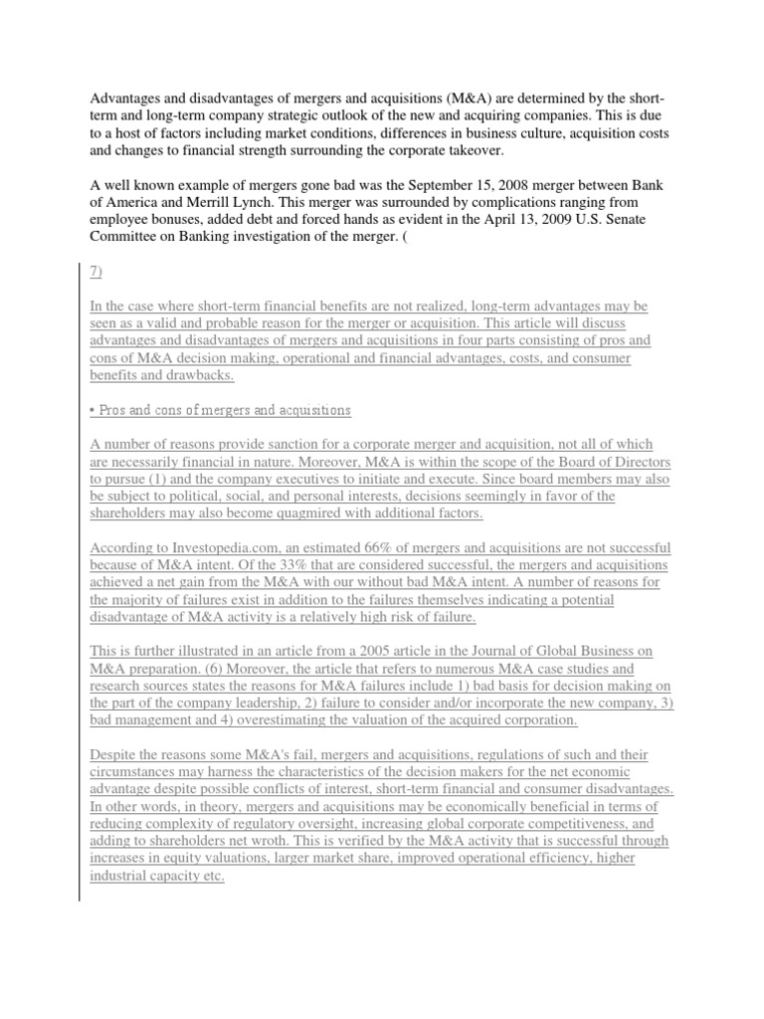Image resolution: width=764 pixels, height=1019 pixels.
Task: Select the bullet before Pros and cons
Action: point(92,410)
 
